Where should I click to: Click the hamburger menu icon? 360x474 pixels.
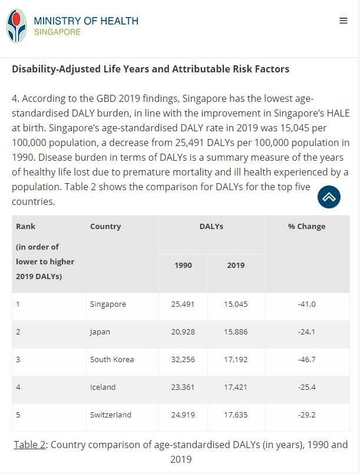(x=344, y=21)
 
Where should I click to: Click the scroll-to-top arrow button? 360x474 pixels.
(x=329, y=197)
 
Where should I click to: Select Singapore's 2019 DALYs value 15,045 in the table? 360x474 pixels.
(x=236, y=304)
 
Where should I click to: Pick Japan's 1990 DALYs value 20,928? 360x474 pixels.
(x=183, y=332)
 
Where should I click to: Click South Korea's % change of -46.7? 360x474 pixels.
(x=306, y=360)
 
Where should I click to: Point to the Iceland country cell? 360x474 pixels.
(x=103, y=387)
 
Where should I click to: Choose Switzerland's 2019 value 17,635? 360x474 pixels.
(x=236, y=415)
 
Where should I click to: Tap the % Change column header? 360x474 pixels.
(x=306, y=227)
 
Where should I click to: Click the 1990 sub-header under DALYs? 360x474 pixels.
(x=183, y=266)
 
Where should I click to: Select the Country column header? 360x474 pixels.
(x=105, y=227)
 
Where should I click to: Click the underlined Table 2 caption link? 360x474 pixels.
(x=29, y=445)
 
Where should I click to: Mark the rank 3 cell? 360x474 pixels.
(x=18, y=360)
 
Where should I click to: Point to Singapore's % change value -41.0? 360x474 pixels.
(x=306, y=304)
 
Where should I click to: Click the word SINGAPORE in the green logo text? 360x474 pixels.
(x=57, y=32)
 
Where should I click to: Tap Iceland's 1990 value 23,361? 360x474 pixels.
(x=183, y=387)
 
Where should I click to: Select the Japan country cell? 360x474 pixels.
(x=100, y=332)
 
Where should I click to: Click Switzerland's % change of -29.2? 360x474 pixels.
(x=306, y=415)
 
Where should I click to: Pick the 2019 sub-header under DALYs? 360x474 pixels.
(x=236, y=266)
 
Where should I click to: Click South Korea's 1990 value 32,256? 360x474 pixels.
(x=183, y=360)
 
